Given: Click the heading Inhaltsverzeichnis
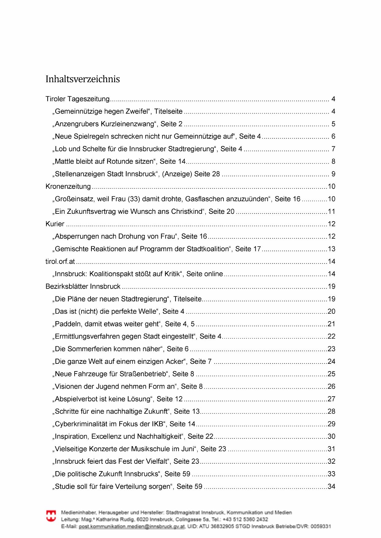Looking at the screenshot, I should pos(83,79).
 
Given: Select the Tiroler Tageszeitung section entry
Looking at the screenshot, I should pos(77,99).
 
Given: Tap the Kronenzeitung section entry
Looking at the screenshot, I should pos(68,186).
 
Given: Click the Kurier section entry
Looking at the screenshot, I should pos(55,224).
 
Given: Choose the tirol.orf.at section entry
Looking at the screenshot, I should pos(60,262).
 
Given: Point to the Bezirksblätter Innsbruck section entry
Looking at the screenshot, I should pos(83,286).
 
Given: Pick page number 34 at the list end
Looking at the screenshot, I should pos(331,486).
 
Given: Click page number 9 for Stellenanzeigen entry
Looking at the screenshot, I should pos(333,174).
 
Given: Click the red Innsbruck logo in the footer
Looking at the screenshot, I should pos(51,516).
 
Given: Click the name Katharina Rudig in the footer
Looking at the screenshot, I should pos(115,519).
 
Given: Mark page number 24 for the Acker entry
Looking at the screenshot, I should pos(331,362).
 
